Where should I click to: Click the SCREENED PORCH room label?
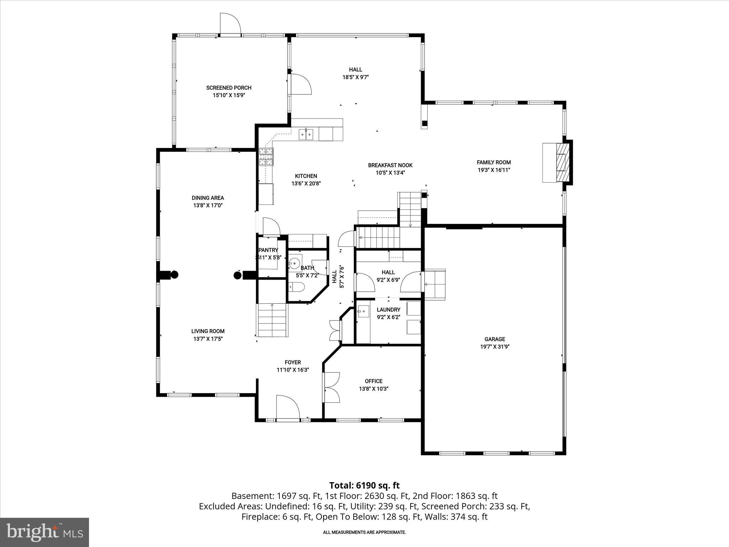pos(229,88)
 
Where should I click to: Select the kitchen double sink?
pos(306,134)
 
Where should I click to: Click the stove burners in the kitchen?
pos(266,157)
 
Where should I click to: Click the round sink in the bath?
pos(295,263)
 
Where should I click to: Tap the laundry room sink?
pos(363,311)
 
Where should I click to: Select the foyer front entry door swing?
pos(287,406)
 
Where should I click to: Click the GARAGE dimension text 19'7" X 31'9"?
pos(494,347)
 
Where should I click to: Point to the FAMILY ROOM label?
pos(494,162)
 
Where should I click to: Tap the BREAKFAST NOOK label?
pos(390,165)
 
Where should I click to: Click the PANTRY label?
pos(268,250)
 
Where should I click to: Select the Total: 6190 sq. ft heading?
pos(364,485)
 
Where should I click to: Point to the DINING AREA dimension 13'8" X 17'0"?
pos(208,205)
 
